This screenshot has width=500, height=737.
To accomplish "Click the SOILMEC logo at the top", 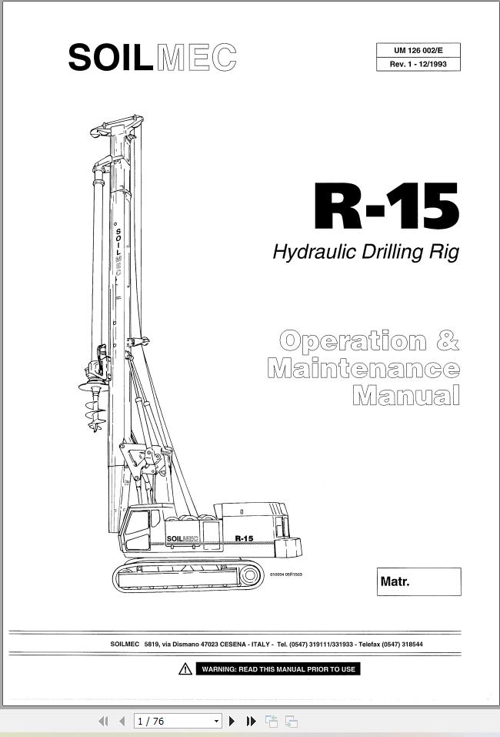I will click(152, 58).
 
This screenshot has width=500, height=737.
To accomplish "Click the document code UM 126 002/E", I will click(418, 51).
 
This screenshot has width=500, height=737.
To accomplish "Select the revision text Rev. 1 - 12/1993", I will click(418, 64).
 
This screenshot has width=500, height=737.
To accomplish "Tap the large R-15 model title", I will click(386, 207).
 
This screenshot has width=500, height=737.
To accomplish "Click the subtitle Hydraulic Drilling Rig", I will click(365, 252).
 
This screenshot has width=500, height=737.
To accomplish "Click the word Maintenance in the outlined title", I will click(363, 368).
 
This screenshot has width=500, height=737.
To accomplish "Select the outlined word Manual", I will click(405, 396).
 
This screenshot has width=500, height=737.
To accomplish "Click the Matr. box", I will click(419, 581).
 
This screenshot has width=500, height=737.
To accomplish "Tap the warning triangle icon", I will click(185, 669).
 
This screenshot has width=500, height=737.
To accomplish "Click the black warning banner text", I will click(278, 669).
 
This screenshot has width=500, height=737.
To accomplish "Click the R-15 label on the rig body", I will click(244, 538).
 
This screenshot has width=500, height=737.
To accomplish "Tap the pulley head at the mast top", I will click(117, 126).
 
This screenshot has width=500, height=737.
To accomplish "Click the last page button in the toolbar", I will click(251, 722).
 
